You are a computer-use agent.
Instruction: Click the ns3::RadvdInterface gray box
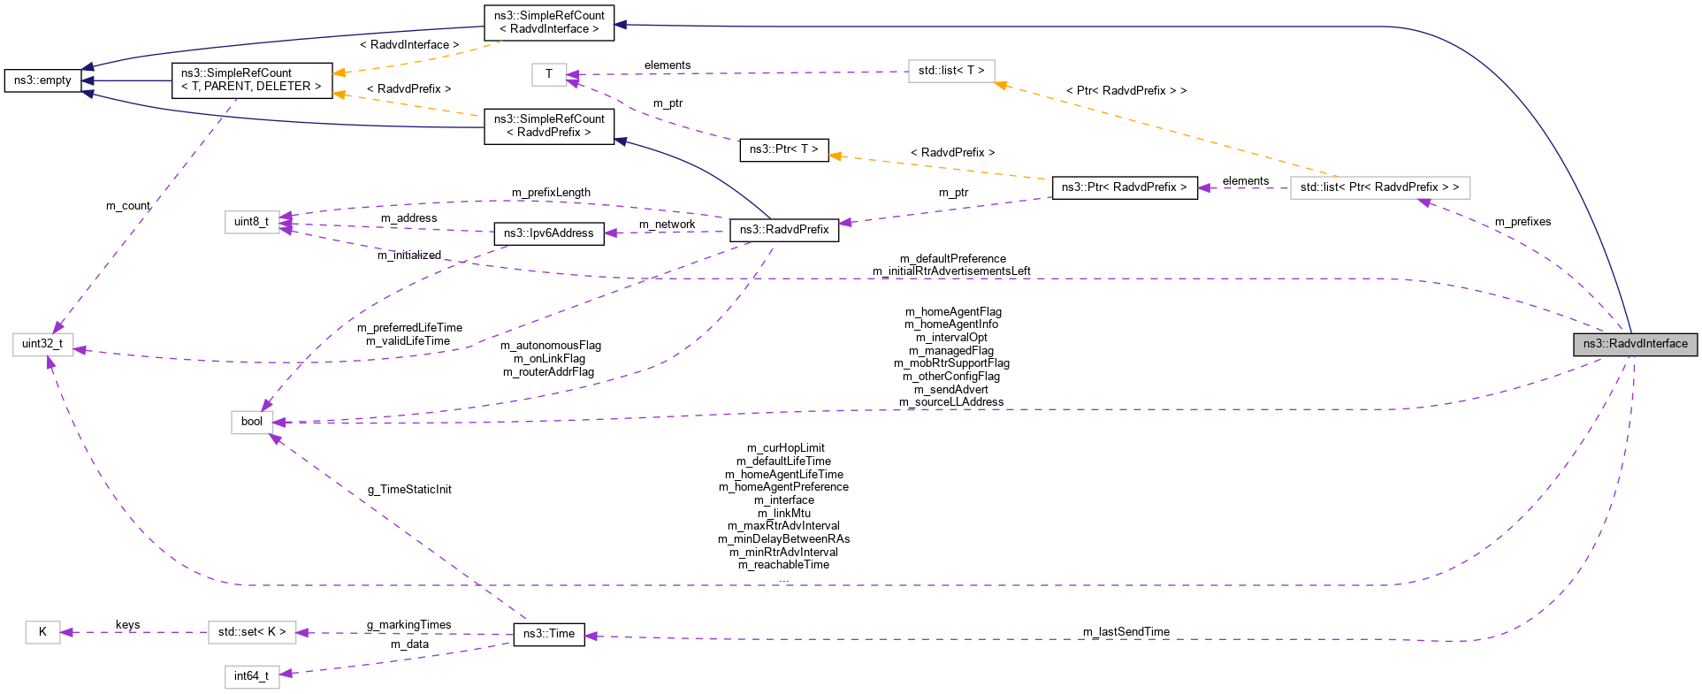pos(1635,344)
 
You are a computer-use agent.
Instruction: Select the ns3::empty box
pos(42,80)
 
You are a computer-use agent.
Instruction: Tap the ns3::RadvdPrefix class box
pos(783,230)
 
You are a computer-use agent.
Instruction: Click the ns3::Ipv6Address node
pos(548,233)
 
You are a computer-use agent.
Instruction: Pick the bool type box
pos(252,422)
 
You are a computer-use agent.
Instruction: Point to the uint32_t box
pos(42,344)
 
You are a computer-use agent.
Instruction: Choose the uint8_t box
pos(252,222)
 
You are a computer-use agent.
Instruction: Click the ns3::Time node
pos(548,634)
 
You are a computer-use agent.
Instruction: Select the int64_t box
pos(252,676)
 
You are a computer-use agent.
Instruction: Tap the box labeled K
pos(42,632)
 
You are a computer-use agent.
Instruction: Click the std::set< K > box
pos(252,632)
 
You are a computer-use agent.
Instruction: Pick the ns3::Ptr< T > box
pos(783,149)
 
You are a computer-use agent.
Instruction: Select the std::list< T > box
pos(951,71)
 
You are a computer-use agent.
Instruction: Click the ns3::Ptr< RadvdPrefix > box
pos(1124,187)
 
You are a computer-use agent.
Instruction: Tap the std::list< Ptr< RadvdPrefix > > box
pos(1379,187)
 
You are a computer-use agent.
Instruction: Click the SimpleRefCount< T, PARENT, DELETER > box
pos(252,80)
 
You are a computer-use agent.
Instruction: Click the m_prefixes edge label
pos(1523,222)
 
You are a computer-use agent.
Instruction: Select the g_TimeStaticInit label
pos(409,490)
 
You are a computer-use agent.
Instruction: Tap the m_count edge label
pos(128,206)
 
